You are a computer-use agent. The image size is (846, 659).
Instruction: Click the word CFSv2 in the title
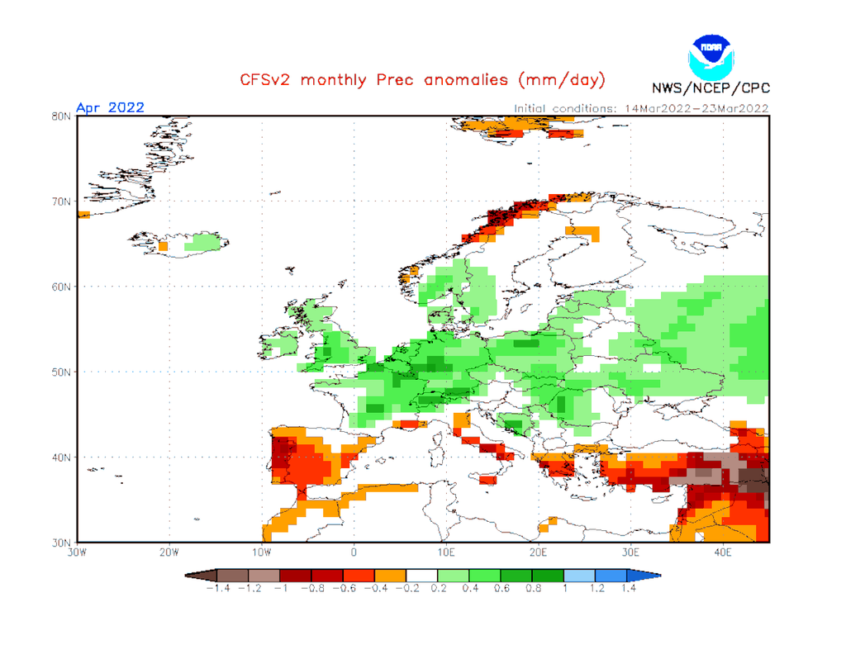tap(267, 80)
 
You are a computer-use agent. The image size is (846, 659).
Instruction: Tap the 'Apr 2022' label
tap(110, 107)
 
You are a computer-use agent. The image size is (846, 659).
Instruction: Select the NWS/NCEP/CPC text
tap(710, 88)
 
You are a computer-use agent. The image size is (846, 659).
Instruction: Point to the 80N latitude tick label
tap(59, 116)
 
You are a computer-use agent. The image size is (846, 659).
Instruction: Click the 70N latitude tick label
tap(59, 201)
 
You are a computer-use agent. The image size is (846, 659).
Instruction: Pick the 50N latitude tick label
tap(59, 372)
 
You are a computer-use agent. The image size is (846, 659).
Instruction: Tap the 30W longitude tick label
tap(78, 552)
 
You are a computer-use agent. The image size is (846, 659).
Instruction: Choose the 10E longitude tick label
tap(446, 552)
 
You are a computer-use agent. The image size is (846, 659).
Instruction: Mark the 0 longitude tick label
tap(354, 552)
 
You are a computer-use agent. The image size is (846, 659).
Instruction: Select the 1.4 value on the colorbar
tap(630, 588)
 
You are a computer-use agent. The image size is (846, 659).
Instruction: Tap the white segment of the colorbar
tap(422, 574)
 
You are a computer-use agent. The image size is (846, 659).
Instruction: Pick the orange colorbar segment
tap(391, 574)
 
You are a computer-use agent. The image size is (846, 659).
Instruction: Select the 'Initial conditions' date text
tap(641, 108)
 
